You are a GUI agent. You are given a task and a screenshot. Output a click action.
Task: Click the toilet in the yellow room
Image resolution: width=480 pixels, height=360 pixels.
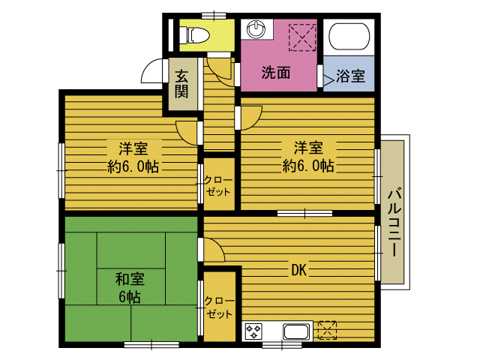pyautogui.click(x=197, y=34)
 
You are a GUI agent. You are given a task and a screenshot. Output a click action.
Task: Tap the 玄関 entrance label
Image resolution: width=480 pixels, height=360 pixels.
pyautogui.click(x=182, y=83)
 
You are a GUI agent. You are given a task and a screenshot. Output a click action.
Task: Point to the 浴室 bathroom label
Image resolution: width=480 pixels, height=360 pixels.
pyautogui.click(x=350, y=76)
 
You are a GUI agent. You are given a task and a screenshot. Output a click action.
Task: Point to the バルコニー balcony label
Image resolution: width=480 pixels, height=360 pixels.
pyautogui.click(x=393, y=223)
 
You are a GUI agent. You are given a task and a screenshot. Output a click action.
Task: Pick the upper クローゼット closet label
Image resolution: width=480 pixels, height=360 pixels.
pyautogui.click(x=218, y=185)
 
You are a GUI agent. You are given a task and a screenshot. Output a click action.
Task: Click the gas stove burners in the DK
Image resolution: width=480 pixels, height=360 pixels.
pyautogui.click(x=253, y=331)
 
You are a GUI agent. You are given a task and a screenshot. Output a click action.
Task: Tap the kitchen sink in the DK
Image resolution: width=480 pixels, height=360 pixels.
pyautogui.click(x=296, y=331)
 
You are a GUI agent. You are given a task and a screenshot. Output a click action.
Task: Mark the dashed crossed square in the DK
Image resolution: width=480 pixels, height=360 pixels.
pyautogui.click(x=328, y=330)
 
